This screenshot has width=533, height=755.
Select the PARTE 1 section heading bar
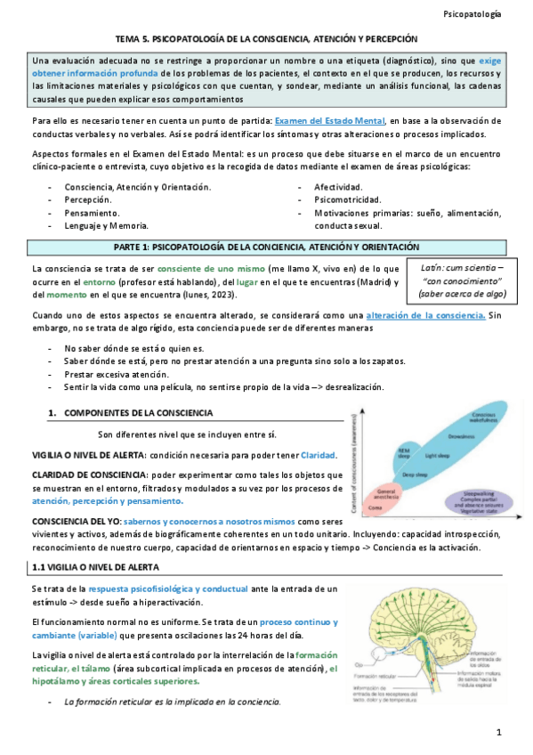pos(267,246)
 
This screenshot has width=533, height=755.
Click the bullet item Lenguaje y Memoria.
pos(106,226)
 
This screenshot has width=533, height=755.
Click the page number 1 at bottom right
pos(499,732)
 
